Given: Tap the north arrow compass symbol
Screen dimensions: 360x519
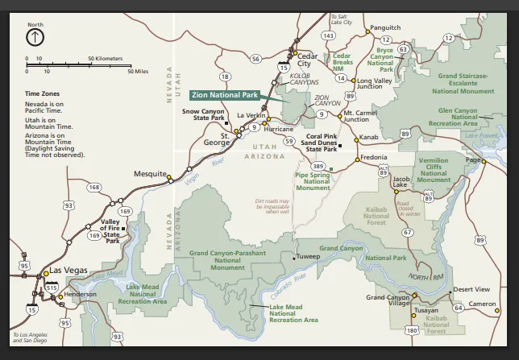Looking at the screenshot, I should [35, 36].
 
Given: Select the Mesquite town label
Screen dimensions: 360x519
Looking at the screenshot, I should [150, 173].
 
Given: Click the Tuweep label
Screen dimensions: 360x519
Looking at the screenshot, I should [308, 257].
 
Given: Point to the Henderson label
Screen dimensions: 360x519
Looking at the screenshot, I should [80, 294].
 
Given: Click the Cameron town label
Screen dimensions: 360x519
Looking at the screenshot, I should [484, 304].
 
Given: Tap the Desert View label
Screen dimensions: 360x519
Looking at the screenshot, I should [471, 289].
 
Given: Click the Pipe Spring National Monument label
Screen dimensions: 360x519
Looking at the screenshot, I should [313, 181].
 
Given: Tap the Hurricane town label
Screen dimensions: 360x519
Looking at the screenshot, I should [278, 129].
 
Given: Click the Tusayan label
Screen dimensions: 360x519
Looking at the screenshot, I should [426, 310].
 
